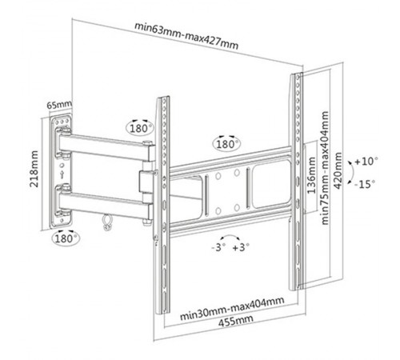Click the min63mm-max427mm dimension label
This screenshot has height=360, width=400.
coord(186,36)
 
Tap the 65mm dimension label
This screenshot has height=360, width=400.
coord(59,104)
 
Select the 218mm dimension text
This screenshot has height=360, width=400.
coord(35,169)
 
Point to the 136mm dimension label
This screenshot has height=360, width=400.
coord(311,175)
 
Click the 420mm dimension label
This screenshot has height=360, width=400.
coord(338,170)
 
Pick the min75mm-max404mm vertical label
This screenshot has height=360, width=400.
coord(325,168)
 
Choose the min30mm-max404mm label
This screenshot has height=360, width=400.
coord(232,308)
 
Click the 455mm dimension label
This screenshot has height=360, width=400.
coord(236,320)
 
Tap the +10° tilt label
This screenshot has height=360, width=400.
coord(366,162)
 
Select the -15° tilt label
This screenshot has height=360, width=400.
coord(364,184)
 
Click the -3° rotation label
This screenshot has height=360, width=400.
coord(218,247)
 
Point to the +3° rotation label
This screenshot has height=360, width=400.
coord(241,247)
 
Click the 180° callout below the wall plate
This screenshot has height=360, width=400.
coord(66,238)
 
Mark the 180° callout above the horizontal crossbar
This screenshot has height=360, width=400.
coord(226,144)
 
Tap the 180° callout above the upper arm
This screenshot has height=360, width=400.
coord(140,128)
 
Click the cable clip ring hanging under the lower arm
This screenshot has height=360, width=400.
coord(107,222)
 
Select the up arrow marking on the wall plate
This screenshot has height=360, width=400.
coord(62,174)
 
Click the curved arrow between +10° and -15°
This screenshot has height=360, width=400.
coord(353,173)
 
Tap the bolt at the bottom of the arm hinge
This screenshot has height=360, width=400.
coord(146,222)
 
